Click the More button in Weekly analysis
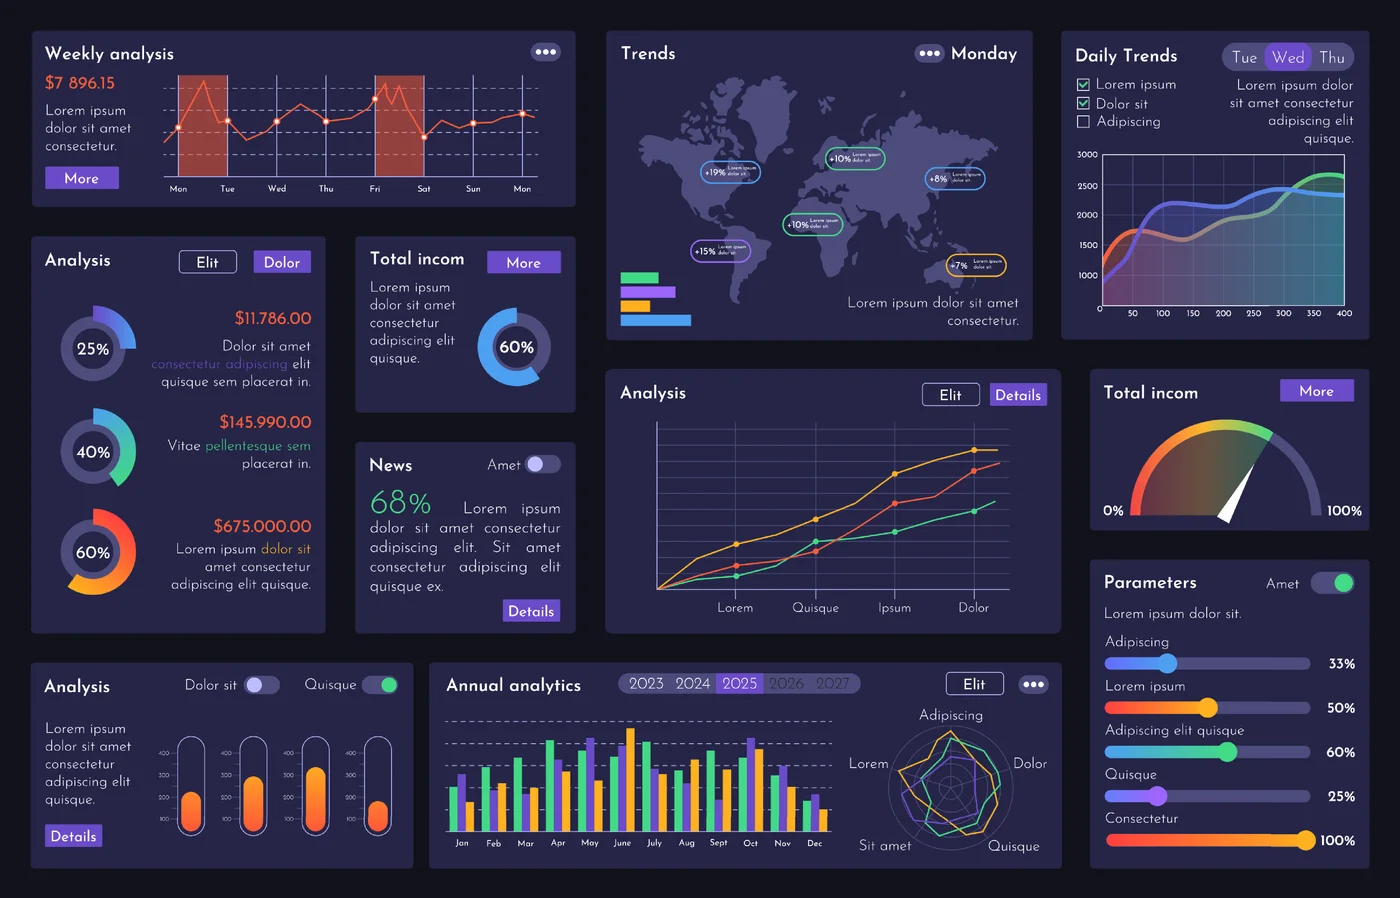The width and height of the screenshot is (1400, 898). pos(82,178)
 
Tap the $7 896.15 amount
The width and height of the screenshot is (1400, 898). pos(80,83)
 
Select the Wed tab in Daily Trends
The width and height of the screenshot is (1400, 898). pos(1288,57)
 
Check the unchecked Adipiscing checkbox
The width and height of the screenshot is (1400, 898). pos(1083,122)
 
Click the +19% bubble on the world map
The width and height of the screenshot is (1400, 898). pos(730,172)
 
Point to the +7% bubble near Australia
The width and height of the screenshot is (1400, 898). pos(976,265)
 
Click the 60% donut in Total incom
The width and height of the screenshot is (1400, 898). pos(515,347)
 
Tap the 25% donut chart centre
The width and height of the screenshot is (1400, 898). pos(93,349)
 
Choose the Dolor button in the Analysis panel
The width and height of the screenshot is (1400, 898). pos(282,262)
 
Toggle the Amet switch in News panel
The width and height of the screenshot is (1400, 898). pos(543,464)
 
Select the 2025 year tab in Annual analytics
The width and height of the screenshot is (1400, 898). pos(740,683)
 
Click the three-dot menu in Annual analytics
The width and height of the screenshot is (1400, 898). pos(1033,684)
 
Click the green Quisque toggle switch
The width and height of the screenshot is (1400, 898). pos(380,685)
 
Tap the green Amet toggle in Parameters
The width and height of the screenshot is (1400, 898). pos(1334,583)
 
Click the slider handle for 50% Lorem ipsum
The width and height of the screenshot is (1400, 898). pos(1208,708)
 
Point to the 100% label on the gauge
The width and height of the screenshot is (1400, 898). pos(1343,511)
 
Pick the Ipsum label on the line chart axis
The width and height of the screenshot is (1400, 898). pos(894,608)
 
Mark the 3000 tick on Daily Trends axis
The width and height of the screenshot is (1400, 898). pos(1087,155)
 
